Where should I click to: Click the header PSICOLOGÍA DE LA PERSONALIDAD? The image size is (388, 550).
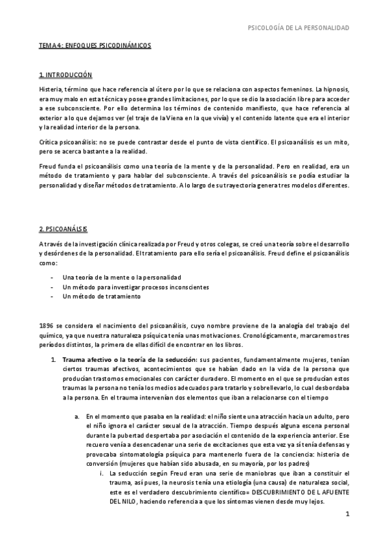pos(299,27)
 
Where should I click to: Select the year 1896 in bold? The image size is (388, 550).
pos(47,325)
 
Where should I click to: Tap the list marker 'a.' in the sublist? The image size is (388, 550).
pos(77,416)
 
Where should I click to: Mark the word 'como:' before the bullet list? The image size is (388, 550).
pos(48,265)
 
